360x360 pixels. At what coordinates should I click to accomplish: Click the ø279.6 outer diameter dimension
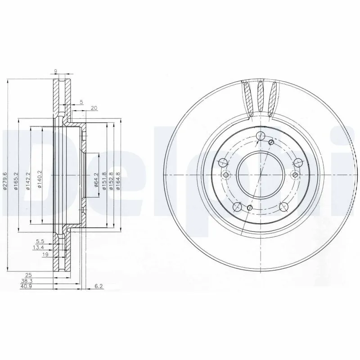click(5, 181)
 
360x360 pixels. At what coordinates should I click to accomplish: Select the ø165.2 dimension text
click(16, 181)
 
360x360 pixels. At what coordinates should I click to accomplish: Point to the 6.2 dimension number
click(99, 285)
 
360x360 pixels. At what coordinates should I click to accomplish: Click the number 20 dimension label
click(94, 108)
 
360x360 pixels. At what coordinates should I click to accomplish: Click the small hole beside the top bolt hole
click(271, 143)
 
